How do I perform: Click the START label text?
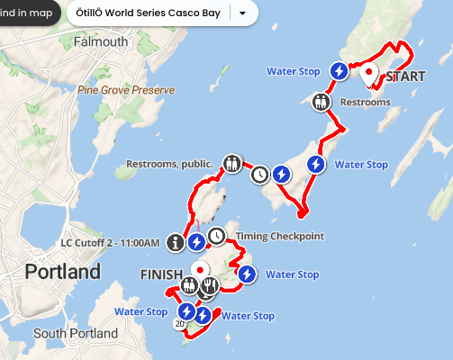[405, 76]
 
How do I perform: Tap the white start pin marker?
[369, 76]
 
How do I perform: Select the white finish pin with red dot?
[199, 269]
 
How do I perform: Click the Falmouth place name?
[100, 42]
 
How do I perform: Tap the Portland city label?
[62, 271]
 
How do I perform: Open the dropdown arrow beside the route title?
[242, 13]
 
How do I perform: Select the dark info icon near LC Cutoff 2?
[176, 241]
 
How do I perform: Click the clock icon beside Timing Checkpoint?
[217, 236]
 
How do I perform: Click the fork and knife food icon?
[210, 286]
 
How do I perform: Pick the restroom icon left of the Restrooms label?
[322, 102]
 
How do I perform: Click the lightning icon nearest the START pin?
[339, 70]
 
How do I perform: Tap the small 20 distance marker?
[180, 323]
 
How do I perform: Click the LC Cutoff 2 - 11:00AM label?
[110, 242]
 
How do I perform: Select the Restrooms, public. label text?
[170, 164]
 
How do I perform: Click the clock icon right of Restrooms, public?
[259, 174]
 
